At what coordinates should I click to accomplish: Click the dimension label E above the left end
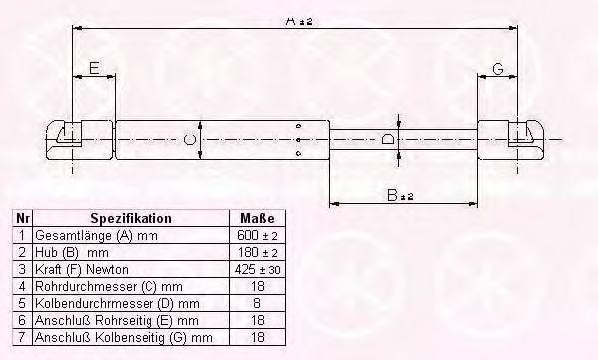pyautogui.click(x=94, y=68)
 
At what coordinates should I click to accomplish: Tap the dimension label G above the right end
pyautogui.click(x=498, y=69)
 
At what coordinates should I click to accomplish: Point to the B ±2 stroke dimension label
pyautogui.click(x=400, y=195)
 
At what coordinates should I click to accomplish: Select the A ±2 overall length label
pyautogui.click(x=299, y=21)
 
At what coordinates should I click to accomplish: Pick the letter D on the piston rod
pyautogui.click(x=388, y=139)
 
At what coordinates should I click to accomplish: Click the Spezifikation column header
pyautogui.click(x=131, y=218)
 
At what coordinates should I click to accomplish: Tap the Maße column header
pyautogui.click(x=257, y=218)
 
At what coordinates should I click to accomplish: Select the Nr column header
pyautogui.click(x=23, y=218)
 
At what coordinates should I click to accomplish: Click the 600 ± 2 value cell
pyautogui.click(x=257, y=236)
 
